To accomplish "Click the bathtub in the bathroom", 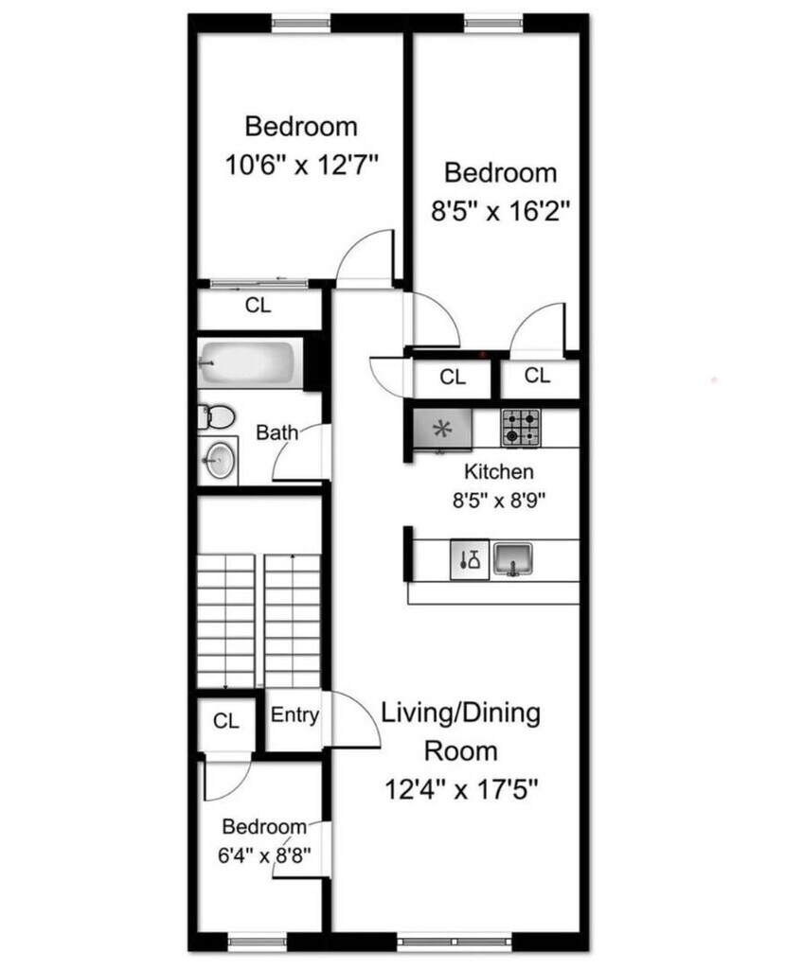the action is coord(250,363).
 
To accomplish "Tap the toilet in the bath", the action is coord(216,417).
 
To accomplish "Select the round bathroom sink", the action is coord(219,460).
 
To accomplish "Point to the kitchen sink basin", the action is coord(513,559).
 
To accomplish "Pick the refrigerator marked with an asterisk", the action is coord(441,429).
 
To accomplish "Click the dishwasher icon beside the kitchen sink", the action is coord(470,559).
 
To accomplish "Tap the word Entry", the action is coord(295,715).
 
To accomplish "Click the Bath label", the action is coord(277,432).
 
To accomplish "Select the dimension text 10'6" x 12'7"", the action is coord(301,165).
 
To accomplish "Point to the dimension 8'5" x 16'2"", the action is coord(500,211).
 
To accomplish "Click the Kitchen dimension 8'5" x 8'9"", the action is coord(499,500).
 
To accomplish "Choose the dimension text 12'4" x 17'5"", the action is coord(461,789).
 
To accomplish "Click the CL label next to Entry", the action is coord(225,720).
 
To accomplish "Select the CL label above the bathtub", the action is coord(258,306).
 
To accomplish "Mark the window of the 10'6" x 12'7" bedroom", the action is coord(301,24).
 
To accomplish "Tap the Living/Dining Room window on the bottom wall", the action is coord(455,942).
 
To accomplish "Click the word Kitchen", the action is coord(499,471).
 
